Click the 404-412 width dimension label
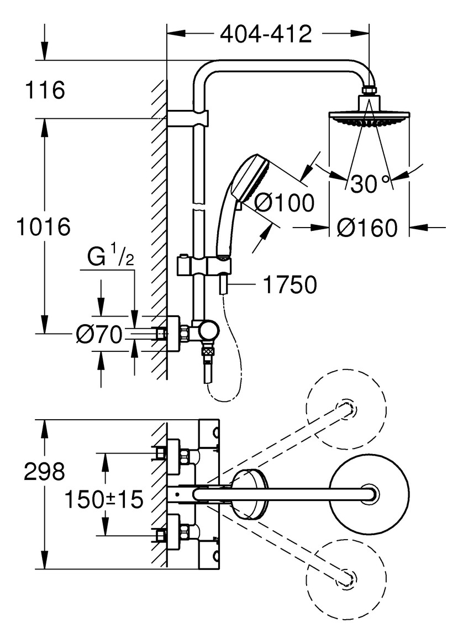tap(266, 34)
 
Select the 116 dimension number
tap(45, 90)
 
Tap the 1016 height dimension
tap(44, 227)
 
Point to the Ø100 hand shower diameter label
tap(284, 203)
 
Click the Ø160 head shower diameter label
tap(367, 228)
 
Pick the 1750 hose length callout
tap(290, 285)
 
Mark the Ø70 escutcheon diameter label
tap(99, 334)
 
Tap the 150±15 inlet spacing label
tap(104, 500)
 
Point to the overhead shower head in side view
tap(369, 117)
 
